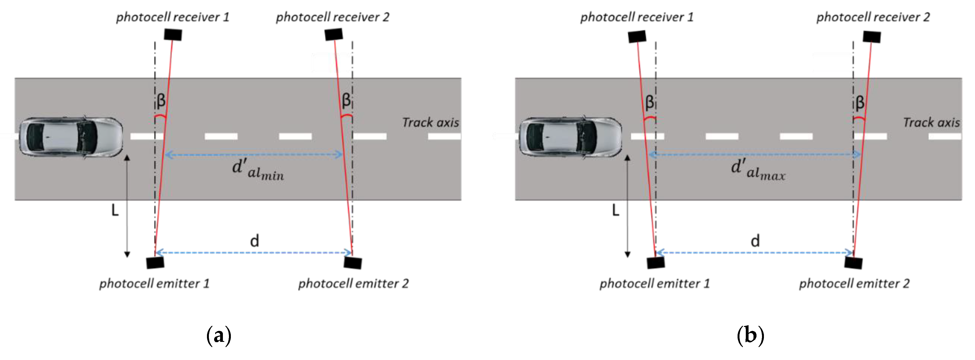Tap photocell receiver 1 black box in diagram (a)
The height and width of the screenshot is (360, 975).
coord(173,35)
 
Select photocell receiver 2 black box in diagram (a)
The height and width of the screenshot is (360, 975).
coord(334,34)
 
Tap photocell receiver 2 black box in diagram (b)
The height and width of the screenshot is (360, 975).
coord(872,37)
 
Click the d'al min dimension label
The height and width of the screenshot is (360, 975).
coord(257,170)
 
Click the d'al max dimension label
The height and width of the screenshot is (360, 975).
coord(758,170)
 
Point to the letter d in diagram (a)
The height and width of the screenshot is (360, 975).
coord(255,241)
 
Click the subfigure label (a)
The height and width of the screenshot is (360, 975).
coord(219,335)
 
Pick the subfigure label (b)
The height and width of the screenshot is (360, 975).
coord(750,335)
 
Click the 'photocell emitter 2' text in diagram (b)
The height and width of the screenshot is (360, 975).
coord(854,284)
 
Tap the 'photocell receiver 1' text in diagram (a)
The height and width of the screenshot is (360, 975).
coord(173,17)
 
